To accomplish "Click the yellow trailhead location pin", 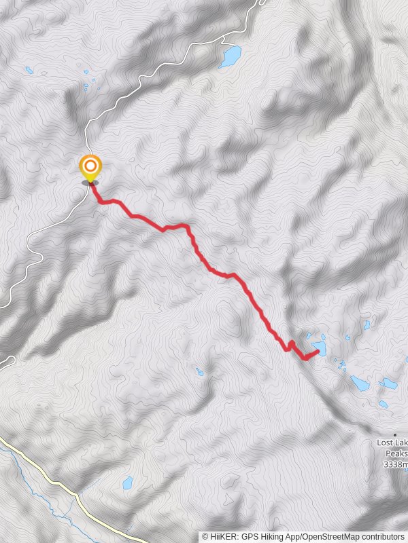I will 90,166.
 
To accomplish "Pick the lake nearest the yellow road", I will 127,483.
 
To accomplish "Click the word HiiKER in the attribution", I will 223,536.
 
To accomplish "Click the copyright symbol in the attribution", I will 205,536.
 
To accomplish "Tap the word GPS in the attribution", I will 250,536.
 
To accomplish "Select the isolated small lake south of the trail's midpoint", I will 199,372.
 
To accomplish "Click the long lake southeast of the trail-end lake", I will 360,383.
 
